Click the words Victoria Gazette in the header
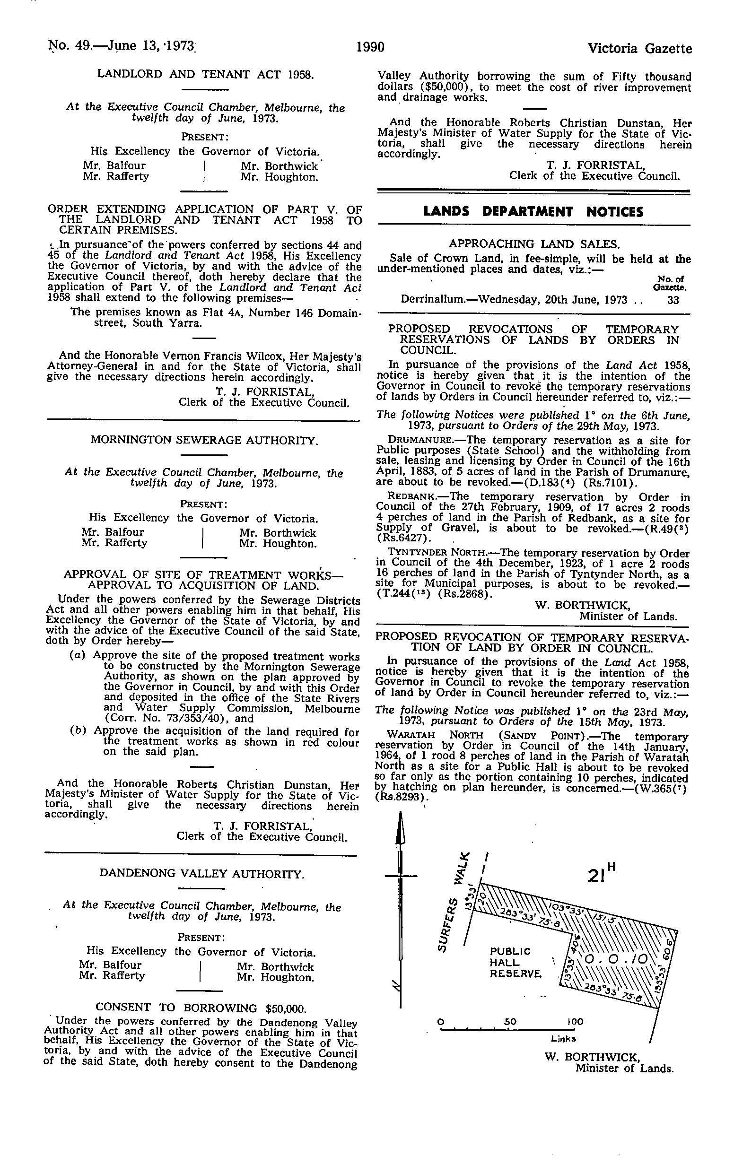(x=640, y=49)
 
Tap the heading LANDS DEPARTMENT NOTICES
(x=534, y=212)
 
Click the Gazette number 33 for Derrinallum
(x=673, y=300)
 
